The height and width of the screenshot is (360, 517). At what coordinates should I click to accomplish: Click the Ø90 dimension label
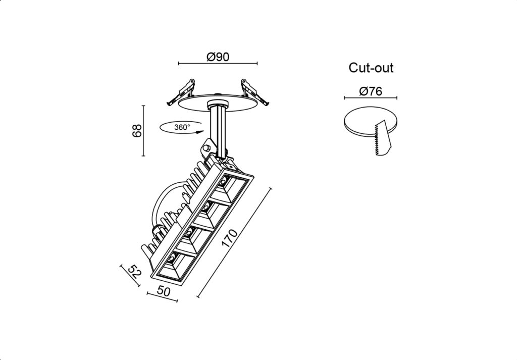(x=218, y=57)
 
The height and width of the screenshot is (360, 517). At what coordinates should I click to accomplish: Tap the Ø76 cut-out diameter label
(x=371, y=91)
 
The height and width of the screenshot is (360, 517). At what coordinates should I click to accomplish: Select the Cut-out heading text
(x=371, y=68)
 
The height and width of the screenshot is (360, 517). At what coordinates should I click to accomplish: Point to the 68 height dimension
(x=137, y=131)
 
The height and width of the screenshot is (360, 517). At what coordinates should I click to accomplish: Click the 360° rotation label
(x=182, y=127)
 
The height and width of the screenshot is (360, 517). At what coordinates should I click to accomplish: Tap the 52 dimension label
(x=135, y=271)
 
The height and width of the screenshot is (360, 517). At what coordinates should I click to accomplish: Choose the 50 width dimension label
(x=164, y=291)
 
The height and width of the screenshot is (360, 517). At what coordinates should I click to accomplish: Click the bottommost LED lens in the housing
(x=171, y=258)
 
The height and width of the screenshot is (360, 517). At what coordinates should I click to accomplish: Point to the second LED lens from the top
(x=206, y=207)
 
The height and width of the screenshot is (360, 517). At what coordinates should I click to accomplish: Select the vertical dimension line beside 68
(x=143, y=131)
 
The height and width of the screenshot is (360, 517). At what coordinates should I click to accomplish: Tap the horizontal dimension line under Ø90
(x=218, y=63)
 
